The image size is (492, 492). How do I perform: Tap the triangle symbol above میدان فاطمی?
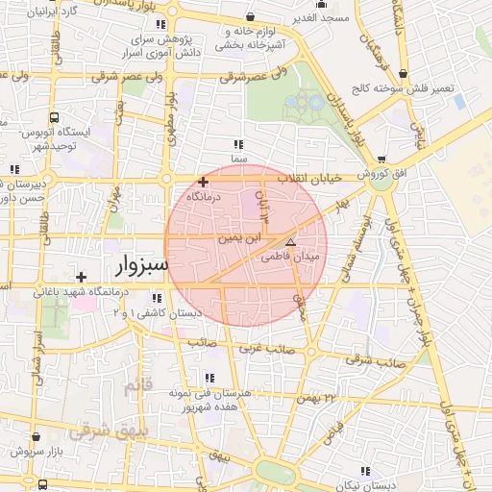coord(291,242)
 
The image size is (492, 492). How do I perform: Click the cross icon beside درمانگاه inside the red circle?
coord(203,182)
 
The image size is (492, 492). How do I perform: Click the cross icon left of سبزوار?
coord(82,277)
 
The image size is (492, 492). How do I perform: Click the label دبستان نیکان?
coord(363,485)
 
